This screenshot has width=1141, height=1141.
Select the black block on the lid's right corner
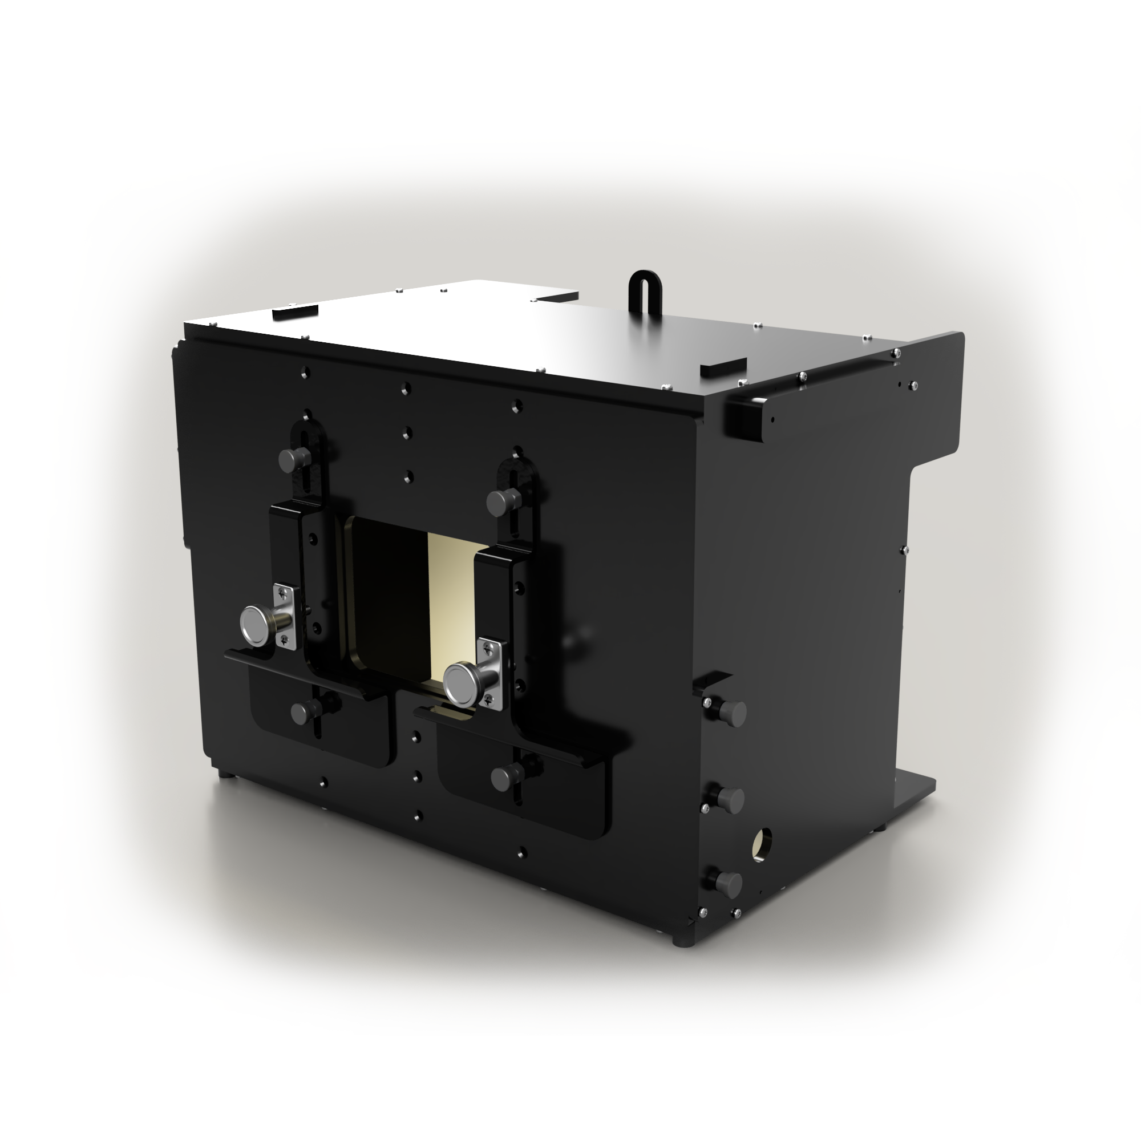click(723, 367)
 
